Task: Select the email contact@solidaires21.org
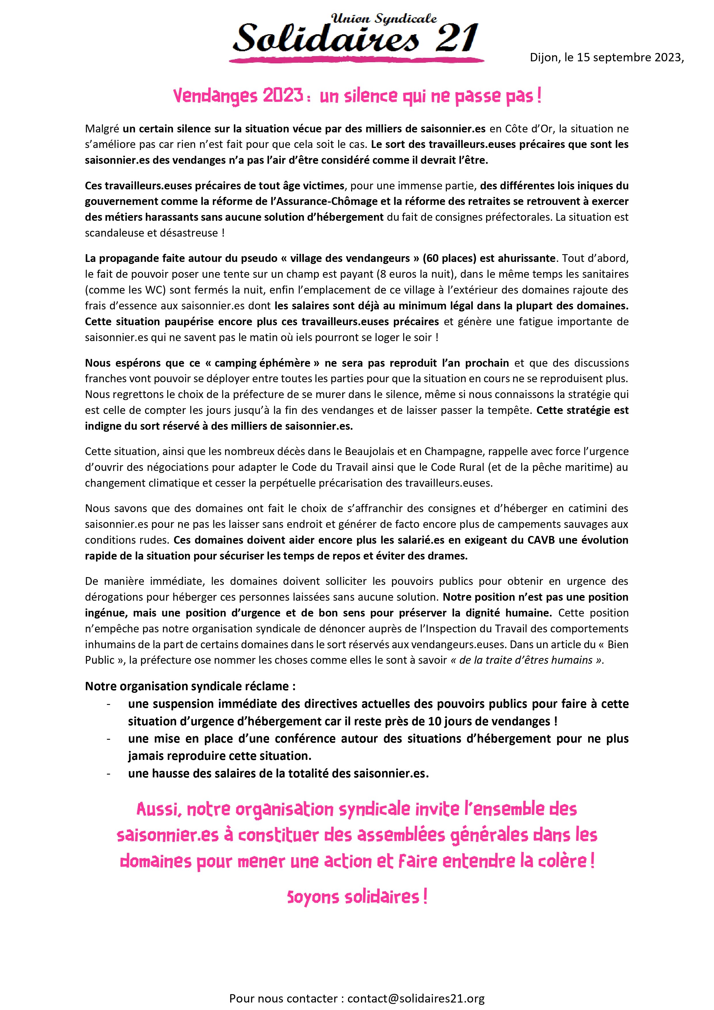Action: (x=416, y=998)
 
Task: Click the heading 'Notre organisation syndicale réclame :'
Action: (x=190, y=686)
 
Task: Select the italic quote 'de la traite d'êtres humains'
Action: (x=526, y=660)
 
